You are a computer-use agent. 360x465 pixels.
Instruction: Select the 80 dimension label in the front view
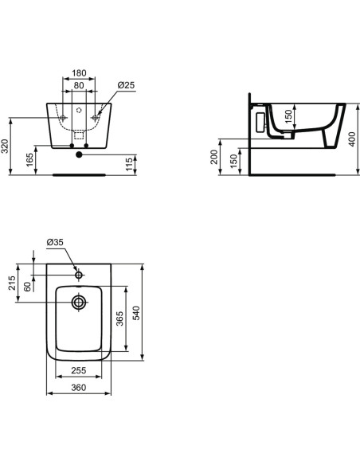tap(80, 86)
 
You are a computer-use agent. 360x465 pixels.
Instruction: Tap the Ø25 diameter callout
tap(125, 86)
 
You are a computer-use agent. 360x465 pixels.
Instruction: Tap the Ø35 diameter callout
tap(55, 242)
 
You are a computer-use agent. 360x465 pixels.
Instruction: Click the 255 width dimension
tap(77, 372)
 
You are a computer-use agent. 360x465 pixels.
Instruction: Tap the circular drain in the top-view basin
tap(79, 303)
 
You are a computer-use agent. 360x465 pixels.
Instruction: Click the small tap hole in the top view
tap(79, 275)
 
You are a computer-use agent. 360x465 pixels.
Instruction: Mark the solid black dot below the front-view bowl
tap(79, 156)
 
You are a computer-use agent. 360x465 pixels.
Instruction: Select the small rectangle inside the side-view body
tap(258, 121)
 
